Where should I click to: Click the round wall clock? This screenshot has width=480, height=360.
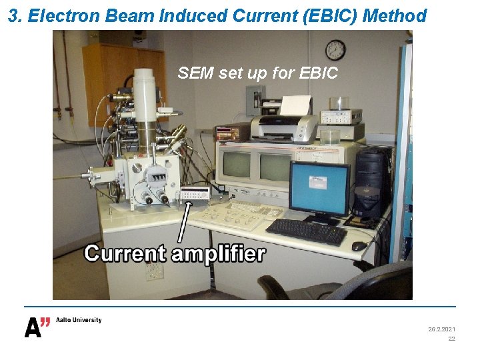click(335, 50)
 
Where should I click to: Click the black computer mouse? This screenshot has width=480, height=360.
click(359, 246)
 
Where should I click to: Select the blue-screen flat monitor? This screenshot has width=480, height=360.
click(319, 189)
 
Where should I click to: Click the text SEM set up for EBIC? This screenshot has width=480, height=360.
click(257, 73)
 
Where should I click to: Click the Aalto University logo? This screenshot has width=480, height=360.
click(63, 326)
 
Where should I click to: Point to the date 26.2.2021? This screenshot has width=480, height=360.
click(441, 329)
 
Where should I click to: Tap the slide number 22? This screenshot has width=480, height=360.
click(451, 339)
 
